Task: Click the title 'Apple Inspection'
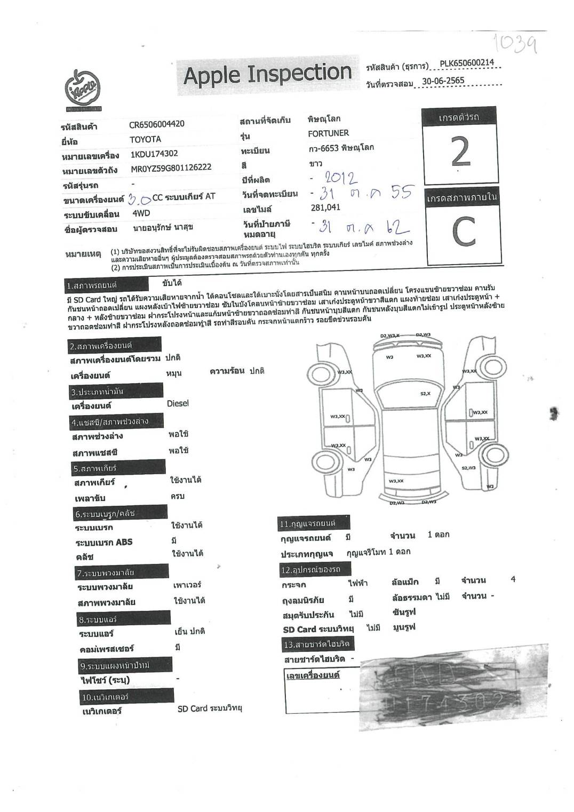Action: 267,74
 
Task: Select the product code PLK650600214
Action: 467,63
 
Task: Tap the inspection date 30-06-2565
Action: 443,81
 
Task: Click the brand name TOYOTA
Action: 145,139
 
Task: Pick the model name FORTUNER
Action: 328,133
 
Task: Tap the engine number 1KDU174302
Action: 154,154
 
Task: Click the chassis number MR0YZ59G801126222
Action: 171,168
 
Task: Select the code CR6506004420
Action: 157,124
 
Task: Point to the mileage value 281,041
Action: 325,208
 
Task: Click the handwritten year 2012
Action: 341,177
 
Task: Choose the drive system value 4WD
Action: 141,213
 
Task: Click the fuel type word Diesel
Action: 178,403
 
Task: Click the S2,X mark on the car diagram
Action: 425,393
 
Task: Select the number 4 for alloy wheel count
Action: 513,579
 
